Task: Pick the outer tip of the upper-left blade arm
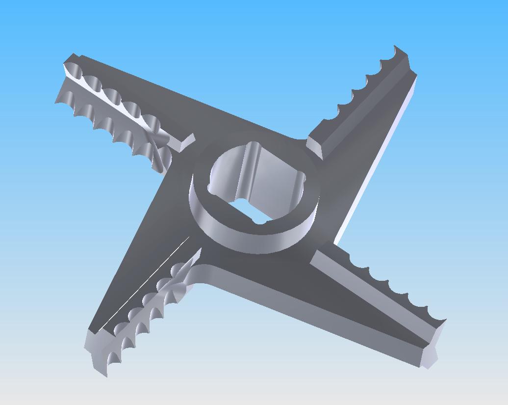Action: pos(69,64)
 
